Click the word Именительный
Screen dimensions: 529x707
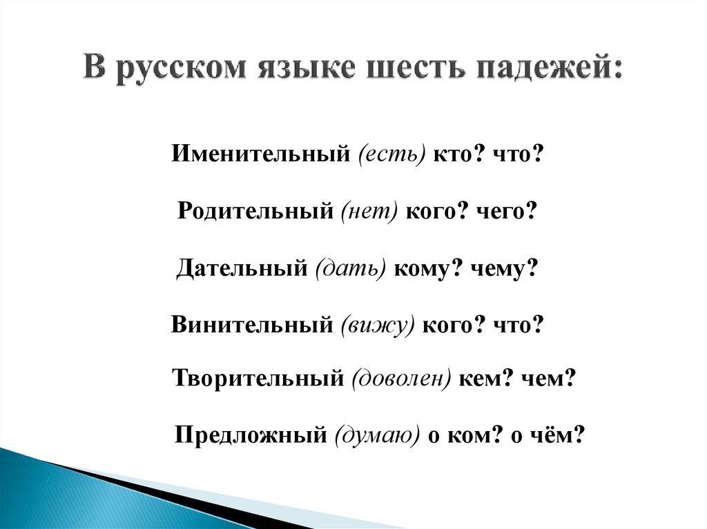260,154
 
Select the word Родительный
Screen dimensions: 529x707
255,211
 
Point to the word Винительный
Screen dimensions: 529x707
251,325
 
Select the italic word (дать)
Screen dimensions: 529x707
350,268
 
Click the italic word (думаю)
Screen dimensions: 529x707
377,435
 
